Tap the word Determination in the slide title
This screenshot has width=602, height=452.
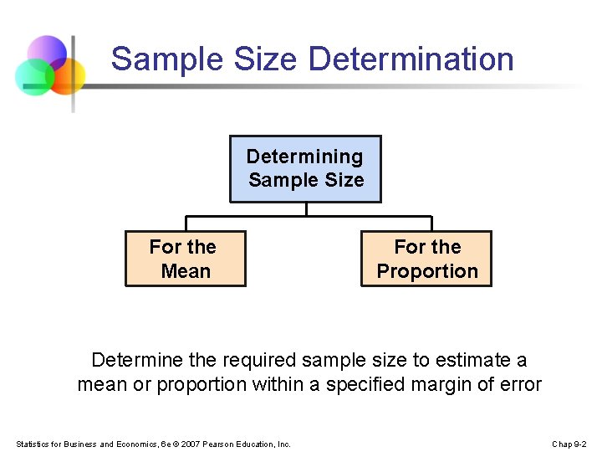coord(411,59)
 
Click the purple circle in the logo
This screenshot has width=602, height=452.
coord(47,52)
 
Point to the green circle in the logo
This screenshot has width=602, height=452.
coord(33,77)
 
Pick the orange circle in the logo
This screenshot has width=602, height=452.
coord(66,76)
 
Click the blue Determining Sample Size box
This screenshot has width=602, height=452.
coord(305,168)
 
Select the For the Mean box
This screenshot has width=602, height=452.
coord(185,259)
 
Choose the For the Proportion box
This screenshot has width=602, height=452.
coord(426,259)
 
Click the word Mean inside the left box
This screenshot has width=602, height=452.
coord(185,271)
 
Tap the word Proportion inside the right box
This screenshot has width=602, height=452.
coord(426,271)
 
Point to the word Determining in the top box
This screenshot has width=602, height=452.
coord(304,157)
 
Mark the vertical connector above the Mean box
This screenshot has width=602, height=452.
coord(186,223)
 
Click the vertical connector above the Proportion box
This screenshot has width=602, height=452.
coord(431,223)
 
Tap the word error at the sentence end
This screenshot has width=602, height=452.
coord(519,385)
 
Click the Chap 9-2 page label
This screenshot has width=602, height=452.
coord(569,444)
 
